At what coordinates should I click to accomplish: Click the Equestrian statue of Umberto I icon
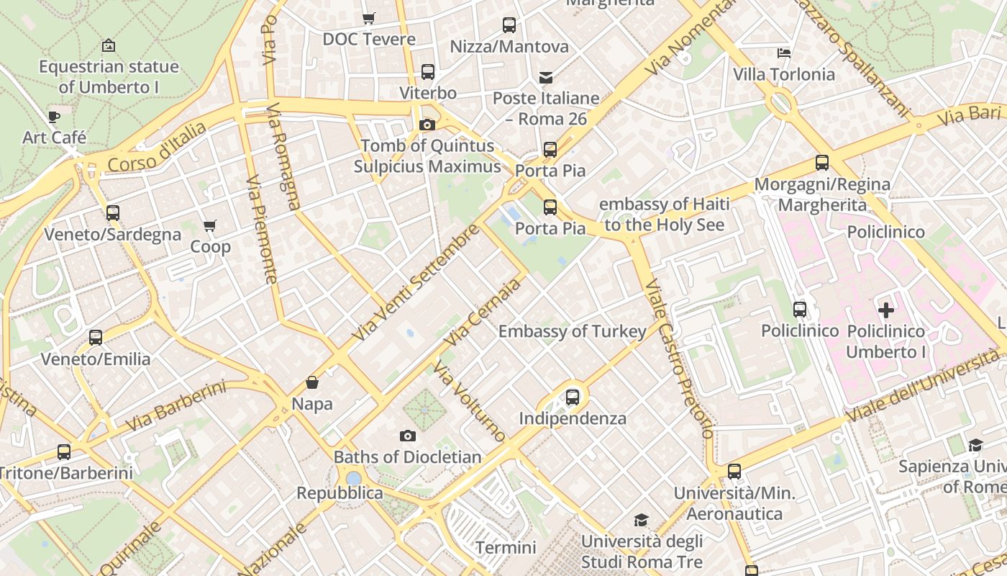coord(108,45)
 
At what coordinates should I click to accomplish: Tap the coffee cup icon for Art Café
coord(54,117)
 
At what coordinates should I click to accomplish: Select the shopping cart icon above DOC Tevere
coord(369,18)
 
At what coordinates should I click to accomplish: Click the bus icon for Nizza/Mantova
coord(509,25)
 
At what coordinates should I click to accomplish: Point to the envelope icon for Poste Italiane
coord(546,77)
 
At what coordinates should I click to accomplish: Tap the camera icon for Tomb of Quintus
coord(427,125)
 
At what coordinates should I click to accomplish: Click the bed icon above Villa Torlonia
coord(784,53)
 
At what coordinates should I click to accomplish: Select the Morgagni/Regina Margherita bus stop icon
coord(822,163)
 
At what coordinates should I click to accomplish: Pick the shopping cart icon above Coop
coord(210,226)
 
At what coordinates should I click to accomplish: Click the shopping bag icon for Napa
coord(312,382)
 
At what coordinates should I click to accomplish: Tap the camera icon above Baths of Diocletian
coord(407,436)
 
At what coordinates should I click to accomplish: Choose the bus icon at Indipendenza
coord(573,397)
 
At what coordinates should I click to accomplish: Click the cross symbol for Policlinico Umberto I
coord(886,310)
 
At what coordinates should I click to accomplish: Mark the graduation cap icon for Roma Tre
coord(641,520)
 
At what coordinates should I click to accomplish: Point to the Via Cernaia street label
coord(482,312)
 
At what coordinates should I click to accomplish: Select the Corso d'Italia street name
coord(157,148)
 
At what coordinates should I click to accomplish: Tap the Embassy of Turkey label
coord(573,331)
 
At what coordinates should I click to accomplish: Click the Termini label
coord(506,548)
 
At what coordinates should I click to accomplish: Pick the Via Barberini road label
coord(176,406)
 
